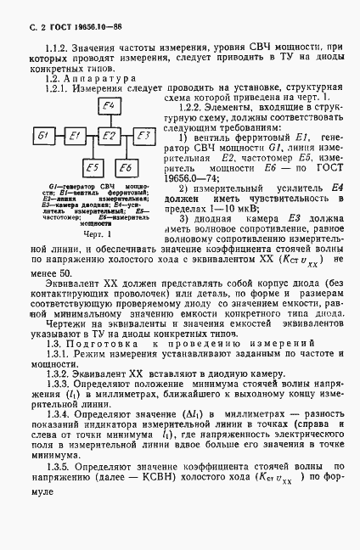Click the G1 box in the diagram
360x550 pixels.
pos(48,137)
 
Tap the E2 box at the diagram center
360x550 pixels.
pos(109,137)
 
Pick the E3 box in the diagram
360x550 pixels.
pos(143,137)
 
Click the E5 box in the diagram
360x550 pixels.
pos(93,166)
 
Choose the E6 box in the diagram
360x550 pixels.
pos(125,166)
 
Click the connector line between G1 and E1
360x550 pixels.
pos(62,137)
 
